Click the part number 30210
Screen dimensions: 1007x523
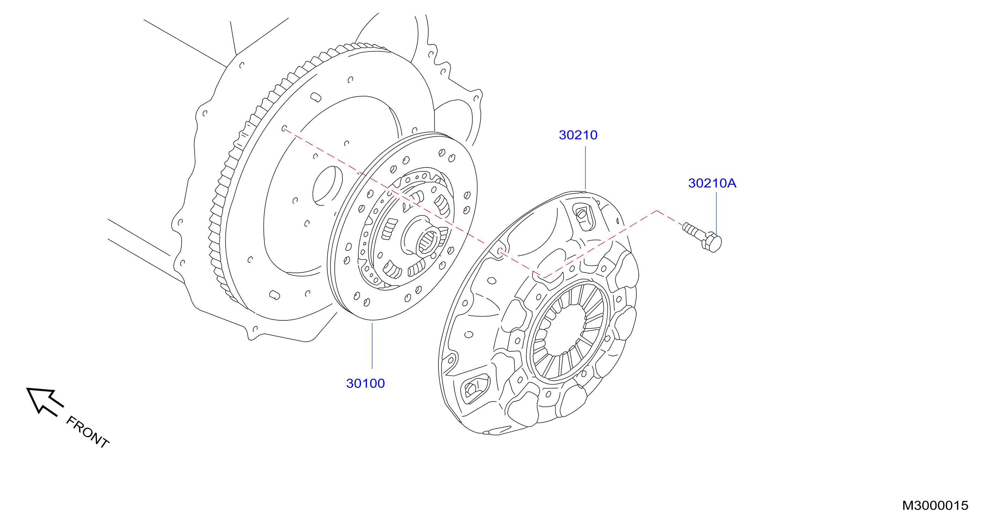578,135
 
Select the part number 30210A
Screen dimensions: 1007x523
712,183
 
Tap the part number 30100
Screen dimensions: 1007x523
365,383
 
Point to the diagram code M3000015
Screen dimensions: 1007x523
935,506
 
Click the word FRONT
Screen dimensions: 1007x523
87,432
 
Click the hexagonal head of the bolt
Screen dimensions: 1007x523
712,242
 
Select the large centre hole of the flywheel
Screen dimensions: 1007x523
327,185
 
